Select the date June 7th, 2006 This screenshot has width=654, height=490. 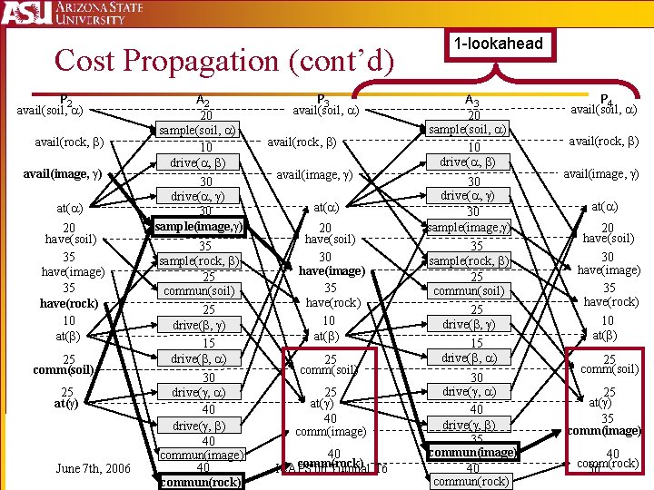94,468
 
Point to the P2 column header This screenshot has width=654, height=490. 65,100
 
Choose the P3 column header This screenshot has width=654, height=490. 322,101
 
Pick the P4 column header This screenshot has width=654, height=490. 607,99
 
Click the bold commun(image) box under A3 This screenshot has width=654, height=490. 472,451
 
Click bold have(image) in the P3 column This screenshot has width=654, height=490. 332,270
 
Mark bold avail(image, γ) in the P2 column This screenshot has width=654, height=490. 63,173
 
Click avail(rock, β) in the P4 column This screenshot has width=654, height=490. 604,141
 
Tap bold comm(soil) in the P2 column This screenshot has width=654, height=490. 63,370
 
